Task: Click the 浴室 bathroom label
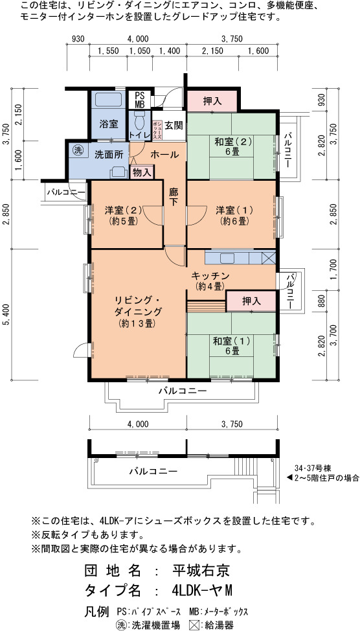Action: tap(109, 124)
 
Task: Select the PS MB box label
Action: tap(140, 99)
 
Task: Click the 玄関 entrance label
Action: tap(174, 125)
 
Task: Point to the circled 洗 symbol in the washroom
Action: tap(77, 150)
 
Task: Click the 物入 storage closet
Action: tap(142, 172)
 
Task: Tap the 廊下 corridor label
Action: tap(173, 197)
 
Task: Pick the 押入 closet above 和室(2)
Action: tap(212, 101)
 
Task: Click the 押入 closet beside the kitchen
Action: tap(251, 301)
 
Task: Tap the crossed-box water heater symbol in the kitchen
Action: tap(268, 257)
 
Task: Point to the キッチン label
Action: tap(210, 276)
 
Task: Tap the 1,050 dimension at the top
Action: tap(139, 51)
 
